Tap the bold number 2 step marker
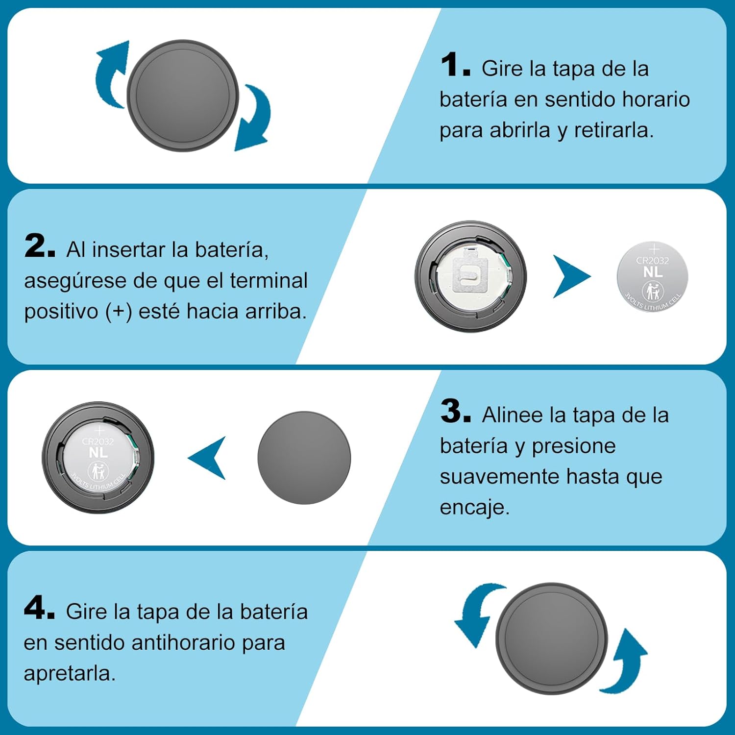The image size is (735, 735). coord(39,245)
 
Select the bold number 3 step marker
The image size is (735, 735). coord(455,411)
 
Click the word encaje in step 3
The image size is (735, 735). coord(472,508)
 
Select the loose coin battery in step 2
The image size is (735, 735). coord(652,277)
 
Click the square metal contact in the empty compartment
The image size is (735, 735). coord(471,274)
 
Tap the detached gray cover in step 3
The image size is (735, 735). coord(304,458)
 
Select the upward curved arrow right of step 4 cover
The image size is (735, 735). coord(628,661)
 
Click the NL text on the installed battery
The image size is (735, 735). coord(98,452)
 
